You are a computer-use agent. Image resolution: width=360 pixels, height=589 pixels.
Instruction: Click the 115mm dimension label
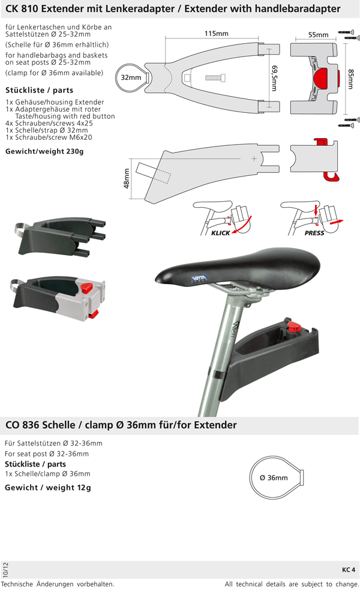pyautogui.click(x=216, y=34)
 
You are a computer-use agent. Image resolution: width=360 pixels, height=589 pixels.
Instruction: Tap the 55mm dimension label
pyautogui.click(x=319, y=35)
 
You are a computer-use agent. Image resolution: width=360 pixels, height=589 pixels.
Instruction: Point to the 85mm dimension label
pyautogui.click(x=350, y=79)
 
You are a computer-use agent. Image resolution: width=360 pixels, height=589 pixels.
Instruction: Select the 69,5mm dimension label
pyautogui.click(x=274, y=78)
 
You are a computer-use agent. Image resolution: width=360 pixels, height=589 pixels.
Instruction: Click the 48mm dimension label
pyautogui.click(x=127, y=178)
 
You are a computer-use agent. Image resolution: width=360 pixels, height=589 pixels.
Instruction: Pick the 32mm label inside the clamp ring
pyautogui.click(x=131, y=77)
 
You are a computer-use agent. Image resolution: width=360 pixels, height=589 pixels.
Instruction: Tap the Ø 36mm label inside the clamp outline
pyautogui.click(x=274, y=478)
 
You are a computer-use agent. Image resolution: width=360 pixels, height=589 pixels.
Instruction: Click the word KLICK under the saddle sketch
pyautogui.click(x=220, y=233)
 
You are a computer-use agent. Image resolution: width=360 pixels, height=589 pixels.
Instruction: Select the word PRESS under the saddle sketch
pyautogui.click(x=314, y=233)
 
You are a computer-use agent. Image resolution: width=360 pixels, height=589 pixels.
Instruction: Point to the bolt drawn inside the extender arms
pyautogui.click(x=215, y=78)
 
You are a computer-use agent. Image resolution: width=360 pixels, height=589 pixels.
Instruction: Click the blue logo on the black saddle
pyautogui.click(x=199, y=279)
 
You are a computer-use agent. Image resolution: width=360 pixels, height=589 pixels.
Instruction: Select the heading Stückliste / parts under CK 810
pyautogui.click(x=40, y=90)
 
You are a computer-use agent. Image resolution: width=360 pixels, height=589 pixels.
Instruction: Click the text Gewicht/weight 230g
pyautogui.click(x=44, y=151)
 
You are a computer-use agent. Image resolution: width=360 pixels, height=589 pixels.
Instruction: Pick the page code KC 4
pyautogui.click(x=349, y=569)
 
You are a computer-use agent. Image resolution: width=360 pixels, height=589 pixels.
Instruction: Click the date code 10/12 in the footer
pyautogui.click(x=5, y=570)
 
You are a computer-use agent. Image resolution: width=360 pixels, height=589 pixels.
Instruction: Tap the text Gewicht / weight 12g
pyautogui.click(x=47, y=488)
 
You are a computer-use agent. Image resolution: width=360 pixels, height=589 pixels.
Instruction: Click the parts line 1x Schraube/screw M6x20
pyautogui.click(x=49, y=137)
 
